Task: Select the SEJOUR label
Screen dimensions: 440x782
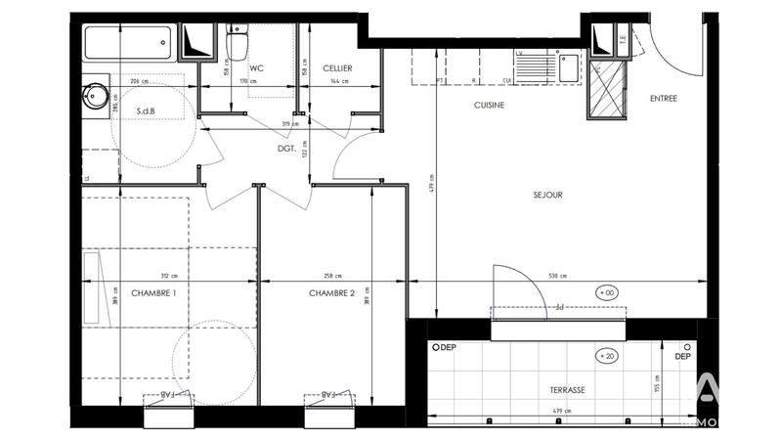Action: coord(546,195)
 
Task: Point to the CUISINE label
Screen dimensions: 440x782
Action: coord(489,106)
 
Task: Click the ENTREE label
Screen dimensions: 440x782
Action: coord(664,99)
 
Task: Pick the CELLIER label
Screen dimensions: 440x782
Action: coord(333,67)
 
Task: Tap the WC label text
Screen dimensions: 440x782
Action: coord(258,67)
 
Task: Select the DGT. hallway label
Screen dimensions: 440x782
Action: coord(287,148)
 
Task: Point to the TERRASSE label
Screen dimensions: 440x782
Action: coord(567,389)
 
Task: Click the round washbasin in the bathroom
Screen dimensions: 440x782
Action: coord(96,95)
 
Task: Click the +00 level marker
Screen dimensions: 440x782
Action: coord(606,292)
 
